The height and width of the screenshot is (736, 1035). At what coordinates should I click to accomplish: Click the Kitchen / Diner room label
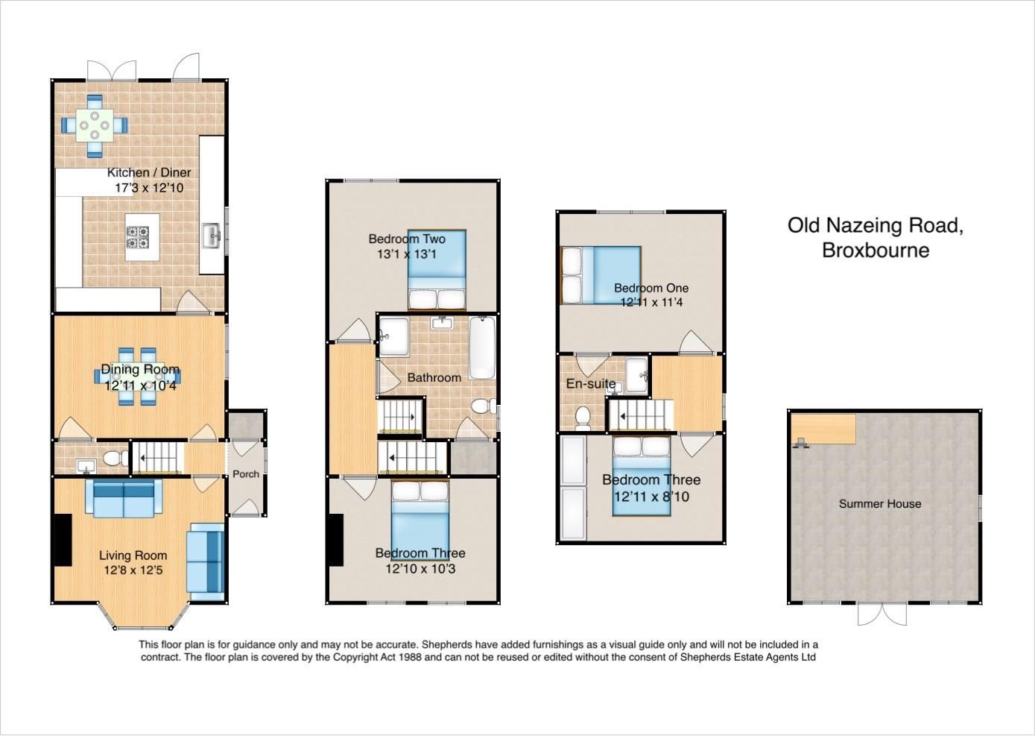(x=148, y=172)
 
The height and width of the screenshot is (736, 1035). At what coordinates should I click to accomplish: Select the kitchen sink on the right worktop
(x=212, y=238)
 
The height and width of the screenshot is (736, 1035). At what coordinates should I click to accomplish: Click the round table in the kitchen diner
(x=95, y=125)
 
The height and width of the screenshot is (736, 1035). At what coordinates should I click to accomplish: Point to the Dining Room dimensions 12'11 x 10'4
(x=140, y=386)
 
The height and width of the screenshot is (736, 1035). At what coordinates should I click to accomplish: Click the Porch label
(x=246, y=474)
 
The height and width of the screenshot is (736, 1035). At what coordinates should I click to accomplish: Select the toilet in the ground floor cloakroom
(x=113, y=458)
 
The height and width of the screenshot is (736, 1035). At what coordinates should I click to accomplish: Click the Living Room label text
(x=133, y=555)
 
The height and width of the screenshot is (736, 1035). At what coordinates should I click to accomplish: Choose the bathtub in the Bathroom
(x=481, y=349)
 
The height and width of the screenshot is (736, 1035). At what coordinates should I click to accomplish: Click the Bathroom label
(x=434, y=377)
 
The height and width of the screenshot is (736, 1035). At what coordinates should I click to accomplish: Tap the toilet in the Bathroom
(x=485, y=406)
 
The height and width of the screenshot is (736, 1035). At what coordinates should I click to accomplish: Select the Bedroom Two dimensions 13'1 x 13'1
(x=406, y=254)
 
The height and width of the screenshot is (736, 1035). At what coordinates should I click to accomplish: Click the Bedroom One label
(x=651, y=288)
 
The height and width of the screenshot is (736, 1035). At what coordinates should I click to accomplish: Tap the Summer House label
(x=880, y=503)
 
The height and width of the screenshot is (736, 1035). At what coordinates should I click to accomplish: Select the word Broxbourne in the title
(x=876, y=250)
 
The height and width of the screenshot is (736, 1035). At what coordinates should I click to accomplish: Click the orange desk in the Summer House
(x=823, y=429)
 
